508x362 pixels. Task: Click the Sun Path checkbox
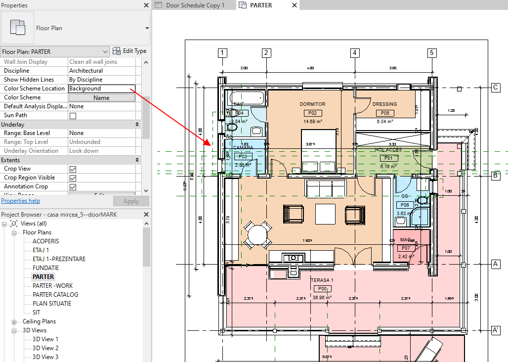[73, 116]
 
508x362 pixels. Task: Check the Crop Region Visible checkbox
[73, 178]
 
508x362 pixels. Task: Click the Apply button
[130, 201]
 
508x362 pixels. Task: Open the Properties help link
[20, 201]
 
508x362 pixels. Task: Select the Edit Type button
[129, 51]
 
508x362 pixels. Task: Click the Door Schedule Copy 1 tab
[195, 5]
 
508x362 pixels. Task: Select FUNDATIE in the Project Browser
[45, 268]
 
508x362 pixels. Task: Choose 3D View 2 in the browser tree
[45, 348]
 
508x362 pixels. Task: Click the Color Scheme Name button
[101, 98]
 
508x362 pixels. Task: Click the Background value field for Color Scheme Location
[101, 89]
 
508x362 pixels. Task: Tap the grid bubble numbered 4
[354, 53]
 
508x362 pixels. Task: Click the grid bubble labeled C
[495, 88]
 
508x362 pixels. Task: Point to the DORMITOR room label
[312, 104]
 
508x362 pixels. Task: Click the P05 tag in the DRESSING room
[384, 113]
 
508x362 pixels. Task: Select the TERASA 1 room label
[322, 280]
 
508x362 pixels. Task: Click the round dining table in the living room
[258, 235]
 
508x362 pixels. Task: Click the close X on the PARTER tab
[295, 5]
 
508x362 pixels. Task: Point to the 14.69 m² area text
[313, 122]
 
